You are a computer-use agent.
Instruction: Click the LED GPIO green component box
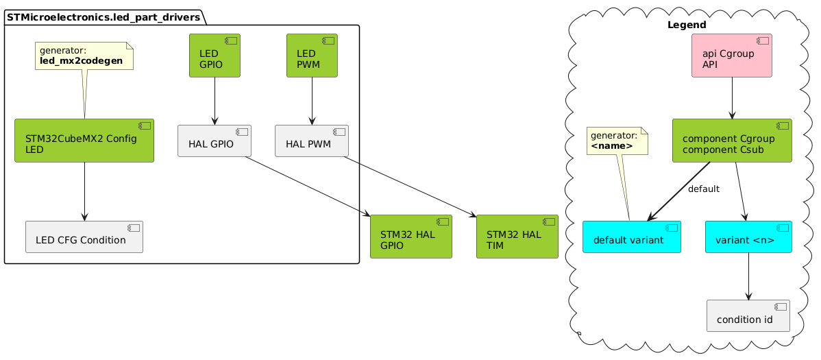[x=215, y=56]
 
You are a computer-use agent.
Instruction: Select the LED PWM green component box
[x=312, y=56]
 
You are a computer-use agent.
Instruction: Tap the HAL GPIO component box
[x=215, y=141]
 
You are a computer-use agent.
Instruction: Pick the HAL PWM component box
[x=312, y=141]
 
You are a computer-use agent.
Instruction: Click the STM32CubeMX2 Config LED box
[x=84, y=141]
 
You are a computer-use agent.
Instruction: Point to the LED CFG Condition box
[x=84, y=237]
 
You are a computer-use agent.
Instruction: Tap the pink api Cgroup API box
[x=732, y=56]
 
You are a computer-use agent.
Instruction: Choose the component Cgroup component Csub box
[x=732, y=141]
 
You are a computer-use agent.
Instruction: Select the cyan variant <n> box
[x=748, y=237]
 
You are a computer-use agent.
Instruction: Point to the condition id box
[x=748, y=315]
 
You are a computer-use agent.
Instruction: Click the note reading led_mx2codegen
[x=84, y=55]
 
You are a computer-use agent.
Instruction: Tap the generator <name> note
[x=617, y=140]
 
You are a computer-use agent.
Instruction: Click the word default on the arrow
[x=703, y=189]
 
